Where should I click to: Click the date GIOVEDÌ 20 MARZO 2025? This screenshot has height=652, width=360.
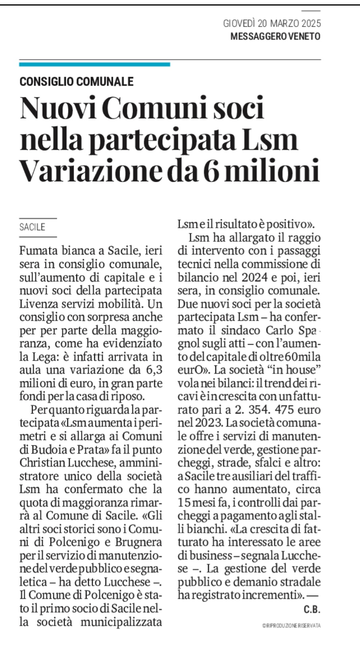(x=272, y=24)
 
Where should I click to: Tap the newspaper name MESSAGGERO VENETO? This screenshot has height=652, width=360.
(x=275, y=37)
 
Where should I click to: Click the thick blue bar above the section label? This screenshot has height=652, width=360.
(x=95, y=64)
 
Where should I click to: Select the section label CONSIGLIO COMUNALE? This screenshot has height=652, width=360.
(x=77, y=81)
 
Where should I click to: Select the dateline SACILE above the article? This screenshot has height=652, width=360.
(x=32, y=227)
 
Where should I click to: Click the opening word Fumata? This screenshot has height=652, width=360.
(x=38, y=251)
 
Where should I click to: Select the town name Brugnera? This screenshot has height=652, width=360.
(x=139, y=542)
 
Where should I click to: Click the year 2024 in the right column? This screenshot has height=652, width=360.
(x=258, y=277)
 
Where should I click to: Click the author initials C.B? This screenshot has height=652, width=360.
(x=312, y=609)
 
